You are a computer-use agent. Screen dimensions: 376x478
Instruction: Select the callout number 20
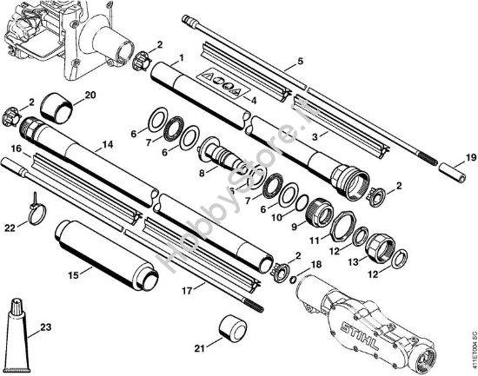click(x=90, y=95)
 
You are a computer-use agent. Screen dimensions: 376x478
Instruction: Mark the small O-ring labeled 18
click(x=292, y=279)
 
